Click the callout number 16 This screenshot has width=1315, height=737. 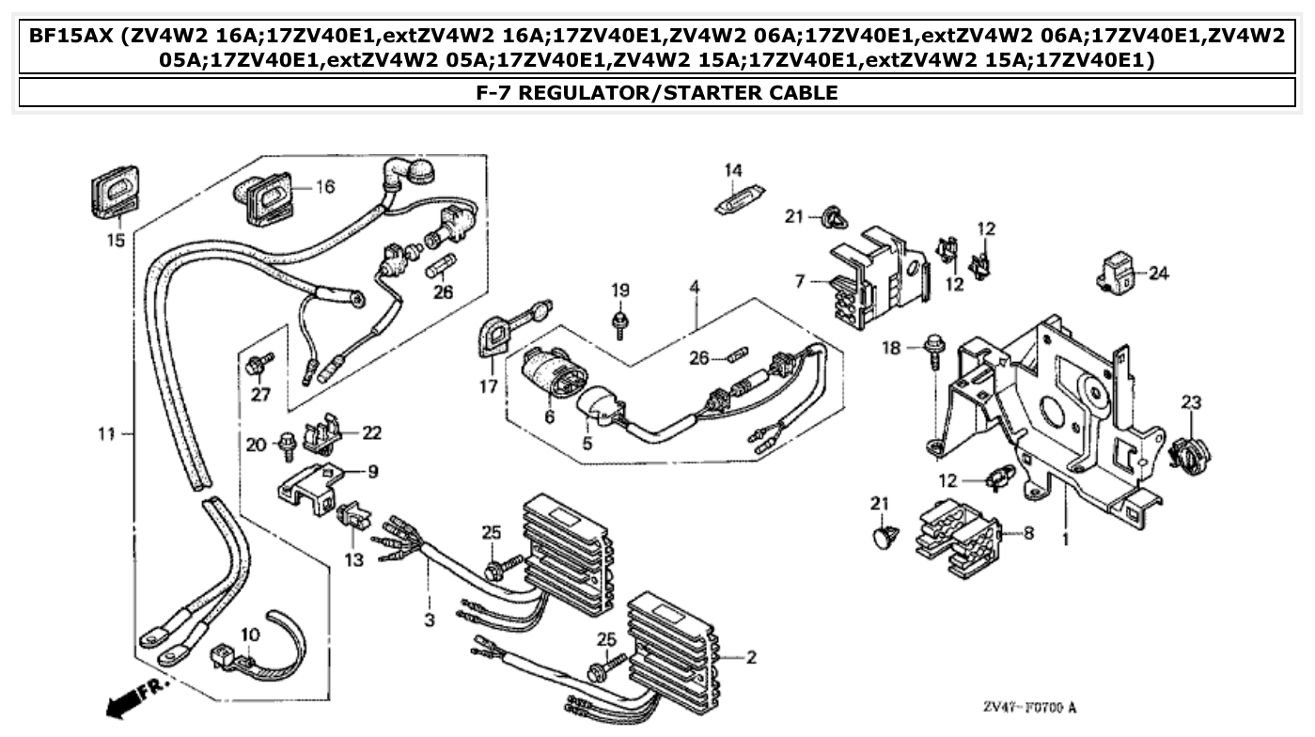click(324, 187)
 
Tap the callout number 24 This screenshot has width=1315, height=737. click(1158, 274)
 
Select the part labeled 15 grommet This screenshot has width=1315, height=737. click(115, 192)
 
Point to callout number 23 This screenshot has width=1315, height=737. click(1191, 402)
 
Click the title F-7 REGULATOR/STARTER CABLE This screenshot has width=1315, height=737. click(657, 92)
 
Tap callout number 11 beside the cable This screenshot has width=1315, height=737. click(105, 433)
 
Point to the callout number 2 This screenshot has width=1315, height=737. click(751, 658)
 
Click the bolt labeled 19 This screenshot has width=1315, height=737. click(619, 321)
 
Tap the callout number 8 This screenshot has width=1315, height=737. click(1027, 533)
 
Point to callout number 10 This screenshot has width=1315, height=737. click(248, 636)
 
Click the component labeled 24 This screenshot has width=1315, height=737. click(1118, 272)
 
